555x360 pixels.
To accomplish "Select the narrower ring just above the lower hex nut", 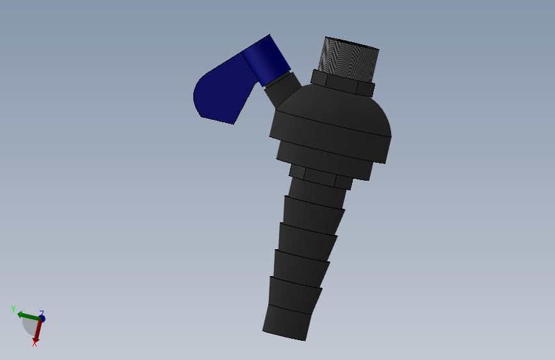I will pos(324,164).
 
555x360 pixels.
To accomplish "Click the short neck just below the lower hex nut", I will pos(318,192).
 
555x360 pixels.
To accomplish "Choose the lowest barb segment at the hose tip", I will pos(287,322).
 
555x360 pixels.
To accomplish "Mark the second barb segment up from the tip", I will pos(294,293).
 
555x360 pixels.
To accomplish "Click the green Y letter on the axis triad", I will pos(13,309).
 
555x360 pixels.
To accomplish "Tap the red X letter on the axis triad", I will pos(35,344).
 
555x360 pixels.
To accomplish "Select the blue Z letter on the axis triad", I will pos(42,313).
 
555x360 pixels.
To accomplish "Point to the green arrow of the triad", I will pos(26,316).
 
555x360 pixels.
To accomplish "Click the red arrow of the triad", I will pos(38,331).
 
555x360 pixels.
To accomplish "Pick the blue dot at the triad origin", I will pos(42,318).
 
